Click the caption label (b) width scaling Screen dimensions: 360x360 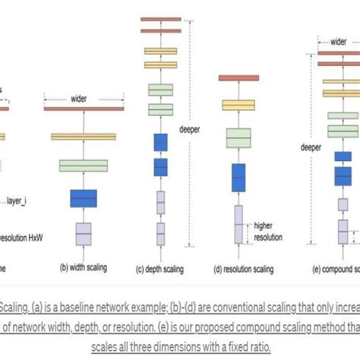pos(83,268)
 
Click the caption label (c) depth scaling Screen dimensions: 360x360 pos(161,268)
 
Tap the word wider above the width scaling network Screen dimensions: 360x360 pos(84,99)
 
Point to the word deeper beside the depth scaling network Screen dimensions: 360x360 pos(189,130)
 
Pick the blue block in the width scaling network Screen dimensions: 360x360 pos(84,198)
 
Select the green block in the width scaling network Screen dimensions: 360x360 pos(84,166)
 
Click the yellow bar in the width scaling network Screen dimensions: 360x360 pos(84,137)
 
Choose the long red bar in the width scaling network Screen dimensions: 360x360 pos(84,109)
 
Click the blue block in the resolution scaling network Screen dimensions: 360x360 pos(238,176)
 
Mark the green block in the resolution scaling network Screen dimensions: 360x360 pos(238,138)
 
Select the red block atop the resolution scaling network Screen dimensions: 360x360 pos(238,77)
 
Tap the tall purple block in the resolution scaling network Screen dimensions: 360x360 pos(238,224)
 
